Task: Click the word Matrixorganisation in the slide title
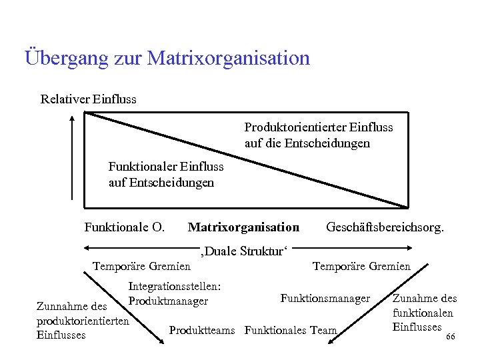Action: [228, 58]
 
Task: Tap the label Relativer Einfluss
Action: [89, 99]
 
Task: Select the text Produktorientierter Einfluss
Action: [319, 127]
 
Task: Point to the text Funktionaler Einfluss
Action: [166, 166]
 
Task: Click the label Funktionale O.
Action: [124, 227]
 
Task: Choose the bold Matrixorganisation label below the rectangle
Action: [243, 227]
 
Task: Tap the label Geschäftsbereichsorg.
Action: [385, 227]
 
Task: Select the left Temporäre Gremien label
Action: [141, 266]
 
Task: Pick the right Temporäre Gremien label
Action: [362, 266]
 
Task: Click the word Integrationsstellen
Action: [175, 286]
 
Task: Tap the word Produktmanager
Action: [168, 301]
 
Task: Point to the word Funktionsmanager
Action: [325, 298]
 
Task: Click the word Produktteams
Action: [205, 330]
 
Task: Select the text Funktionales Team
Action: [291, 330]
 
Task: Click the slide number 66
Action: [450, 337]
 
